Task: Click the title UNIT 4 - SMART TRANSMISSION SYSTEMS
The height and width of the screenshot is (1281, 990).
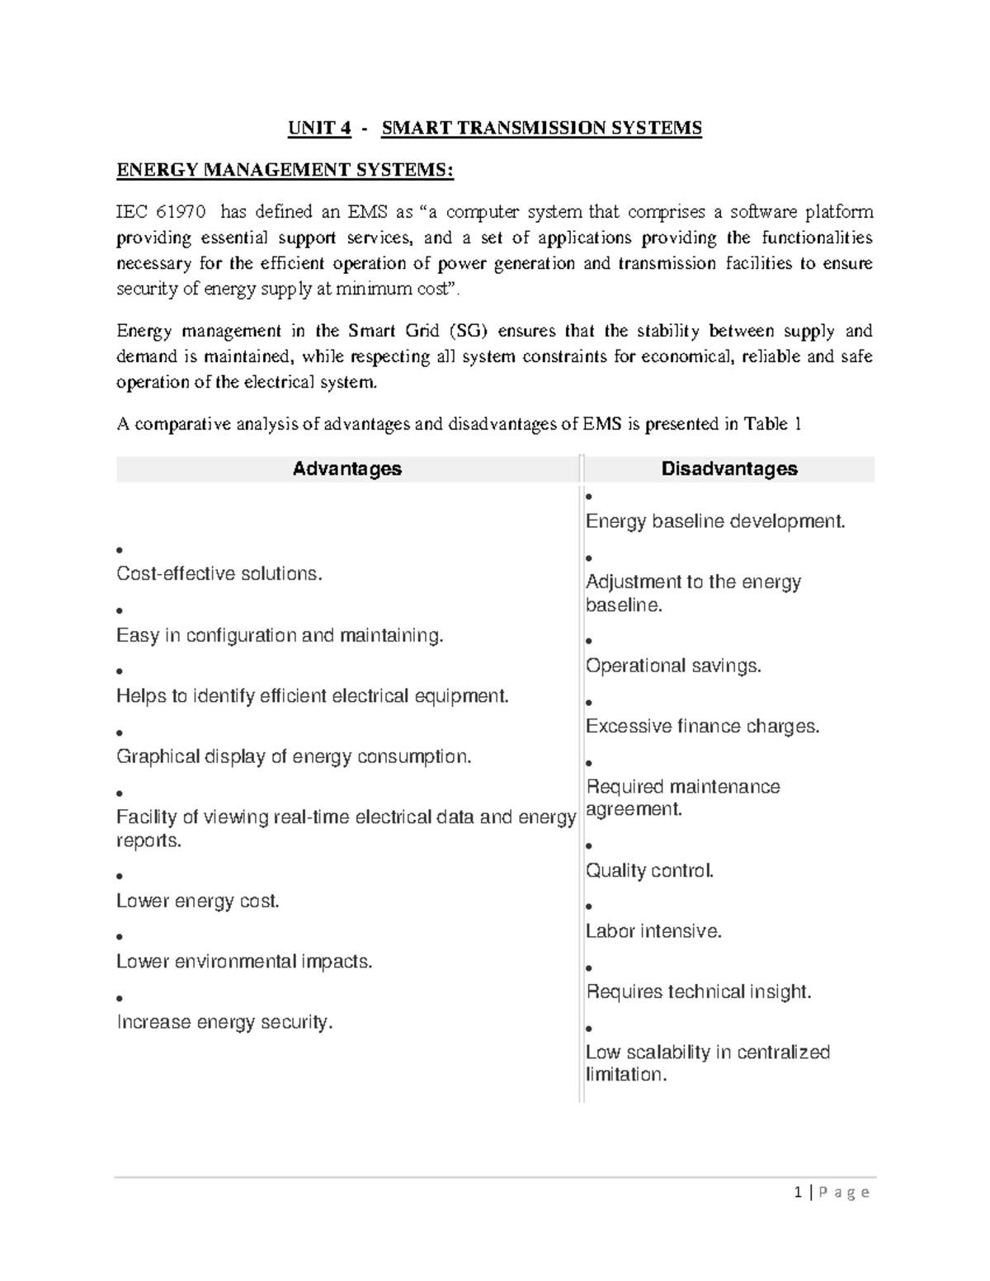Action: coord(494,128)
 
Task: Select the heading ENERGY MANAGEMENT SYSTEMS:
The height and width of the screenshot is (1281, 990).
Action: coord(285,170)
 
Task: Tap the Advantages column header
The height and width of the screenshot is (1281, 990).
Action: coord(347,469)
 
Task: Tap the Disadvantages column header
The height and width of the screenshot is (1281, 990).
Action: coord(729,469)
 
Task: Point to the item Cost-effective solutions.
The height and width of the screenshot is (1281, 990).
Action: coord(219,573)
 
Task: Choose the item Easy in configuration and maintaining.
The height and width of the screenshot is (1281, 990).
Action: coord(280,635)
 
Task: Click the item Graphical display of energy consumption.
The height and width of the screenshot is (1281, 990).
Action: coord(294,756)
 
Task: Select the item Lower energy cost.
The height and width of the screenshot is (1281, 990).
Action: coord(198,901)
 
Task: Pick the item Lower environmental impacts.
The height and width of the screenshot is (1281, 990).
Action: coord(244,961)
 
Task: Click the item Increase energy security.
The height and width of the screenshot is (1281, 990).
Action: coord(224,1022)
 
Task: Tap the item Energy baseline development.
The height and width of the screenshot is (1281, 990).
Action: coord(715,521)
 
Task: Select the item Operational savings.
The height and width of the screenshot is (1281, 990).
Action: coord(673,666)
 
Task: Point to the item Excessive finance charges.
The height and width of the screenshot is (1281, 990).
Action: coord(702,726)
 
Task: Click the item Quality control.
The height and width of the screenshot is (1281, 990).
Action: coord(649,870)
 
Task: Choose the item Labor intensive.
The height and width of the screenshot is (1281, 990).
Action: coord(653,931)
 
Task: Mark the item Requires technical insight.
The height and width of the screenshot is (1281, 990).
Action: coord(699,991)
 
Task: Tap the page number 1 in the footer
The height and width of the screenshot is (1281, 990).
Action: coord(798,1192)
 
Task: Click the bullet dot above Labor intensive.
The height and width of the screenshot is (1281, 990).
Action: coord(589,907)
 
